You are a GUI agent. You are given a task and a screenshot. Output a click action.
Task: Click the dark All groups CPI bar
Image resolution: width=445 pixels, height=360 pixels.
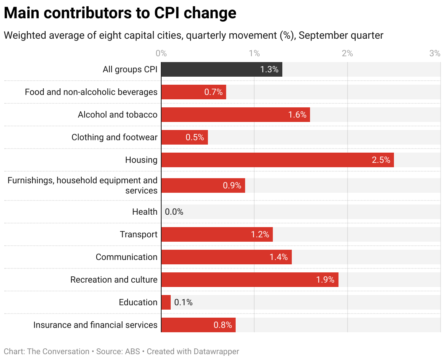[221, 69]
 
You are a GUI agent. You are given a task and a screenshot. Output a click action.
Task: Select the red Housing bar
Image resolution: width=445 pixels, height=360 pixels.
[277, 160]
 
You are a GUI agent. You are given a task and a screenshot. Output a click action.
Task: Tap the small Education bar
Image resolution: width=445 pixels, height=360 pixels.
[166, 302]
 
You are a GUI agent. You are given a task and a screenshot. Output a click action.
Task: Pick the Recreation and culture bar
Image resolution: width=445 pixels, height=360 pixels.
[249, 280]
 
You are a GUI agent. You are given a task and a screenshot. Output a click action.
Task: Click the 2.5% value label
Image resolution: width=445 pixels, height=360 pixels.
[381, 160]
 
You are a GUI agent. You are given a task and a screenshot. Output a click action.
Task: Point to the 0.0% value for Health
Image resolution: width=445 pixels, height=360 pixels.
[174, 212]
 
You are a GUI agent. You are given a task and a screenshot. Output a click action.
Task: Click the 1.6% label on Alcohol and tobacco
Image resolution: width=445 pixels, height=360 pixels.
[297, 115]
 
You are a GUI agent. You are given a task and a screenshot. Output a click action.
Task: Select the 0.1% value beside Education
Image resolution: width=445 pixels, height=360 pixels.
[183, 302]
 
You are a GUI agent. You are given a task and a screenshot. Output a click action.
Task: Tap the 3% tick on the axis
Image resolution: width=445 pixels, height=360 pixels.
[435, 54]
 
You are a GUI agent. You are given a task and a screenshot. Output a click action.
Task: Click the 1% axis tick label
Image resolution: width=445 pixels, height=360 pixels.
[254, 54]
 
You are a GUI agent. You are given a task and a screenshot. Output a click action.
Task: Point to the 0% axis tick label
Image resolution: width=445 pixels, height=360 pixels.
[161, 54]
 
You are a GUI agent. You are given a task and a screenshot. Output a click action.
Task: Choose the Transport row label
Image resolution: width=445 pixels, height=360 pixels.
[139, 234]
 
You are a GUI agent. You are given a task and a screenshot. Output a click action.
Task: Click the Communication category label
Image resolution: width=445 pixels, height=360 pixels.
[127, 257]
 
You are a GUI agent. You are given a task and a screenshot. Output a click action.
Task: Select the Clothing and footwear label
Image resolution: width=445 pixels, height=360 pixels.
[115, 137]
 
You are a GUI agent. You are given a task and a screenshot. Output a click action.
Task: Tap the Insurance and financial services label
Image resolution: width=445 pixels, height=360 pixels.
[95, 325]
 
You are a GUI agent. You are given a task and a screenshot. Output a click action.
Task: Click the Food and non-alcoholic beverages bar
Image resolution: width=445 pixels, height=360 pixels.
[194, 92]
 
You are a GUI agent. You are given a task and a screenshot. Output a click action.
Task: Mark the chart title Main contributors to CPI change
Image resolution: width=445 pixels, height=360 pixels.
[120, 13]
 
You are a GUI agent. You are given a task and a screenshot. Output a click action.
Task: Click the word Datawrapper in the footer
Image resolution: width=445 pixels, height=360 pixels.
[216, 352]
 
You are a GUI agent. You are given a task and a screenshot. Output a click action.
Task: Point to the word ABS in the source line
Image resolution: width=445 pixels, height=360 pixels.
[132, 352]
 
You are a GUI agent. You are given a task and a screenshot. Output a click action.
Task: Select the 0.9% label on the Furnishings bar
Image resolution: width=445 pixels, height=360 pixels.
[232, 185]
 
